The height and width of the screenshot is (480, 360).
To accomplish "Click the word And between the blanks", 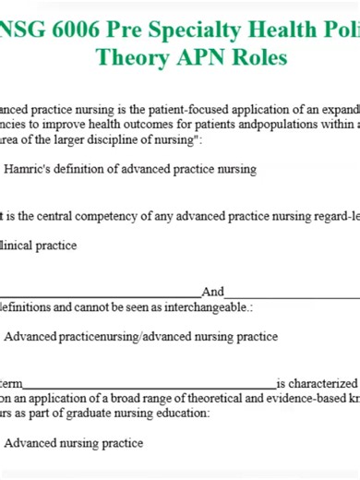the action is point(212,292).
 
